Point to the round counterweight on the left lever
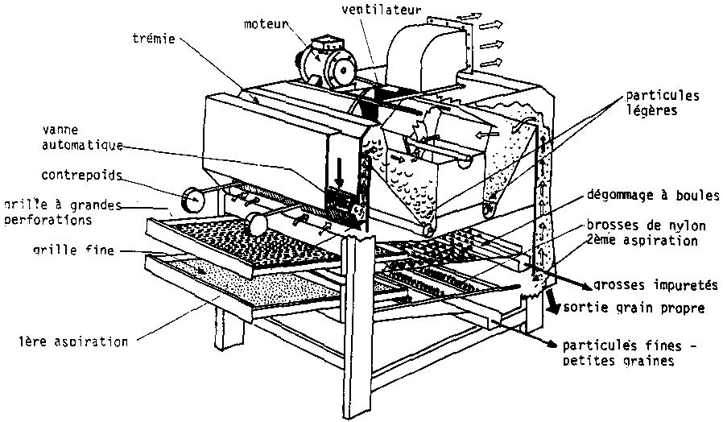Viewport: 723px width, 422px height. point(194,198)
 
